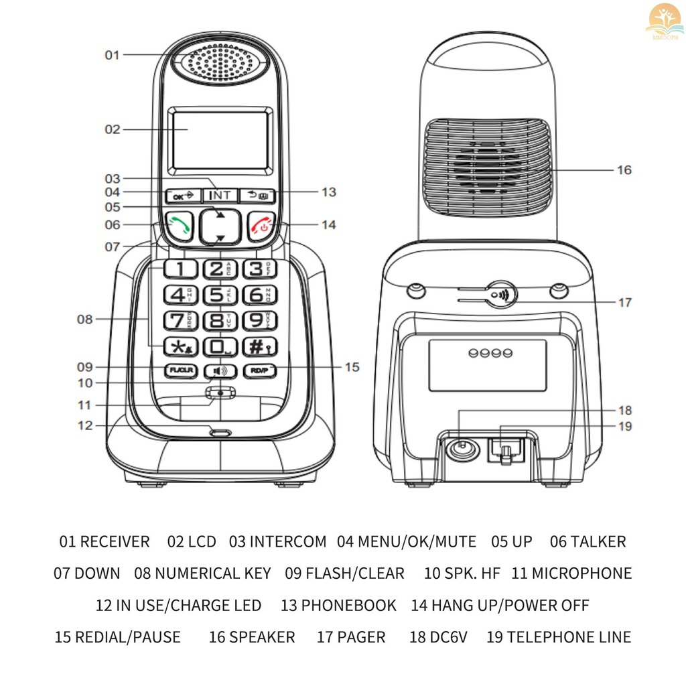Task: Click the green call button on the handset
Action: (x=178, y=226)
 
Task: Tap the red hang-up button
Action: (x=261, y=226)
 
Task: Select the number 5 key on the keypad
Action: (x=216, y=295)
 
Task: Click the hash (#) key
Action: (x=256, y=346)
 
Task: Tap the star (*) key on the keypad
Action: (x=178, y=346)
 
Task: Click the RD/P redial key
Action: (x=257, y=370)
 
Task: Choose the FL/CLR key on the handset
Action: (x=178, y=370)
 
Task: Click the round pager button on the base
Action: (x=500, y=294)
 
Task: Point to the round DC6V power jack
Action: (x=460, y=448)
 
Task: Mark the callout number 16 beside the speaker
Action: (x=624, y=170)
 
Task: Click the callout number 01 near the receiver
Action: (x=112, y=55)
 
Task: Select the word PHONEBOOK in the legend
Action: (x=348, y=606)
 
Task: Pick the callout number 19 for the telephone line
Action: (x=624, y=427)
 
